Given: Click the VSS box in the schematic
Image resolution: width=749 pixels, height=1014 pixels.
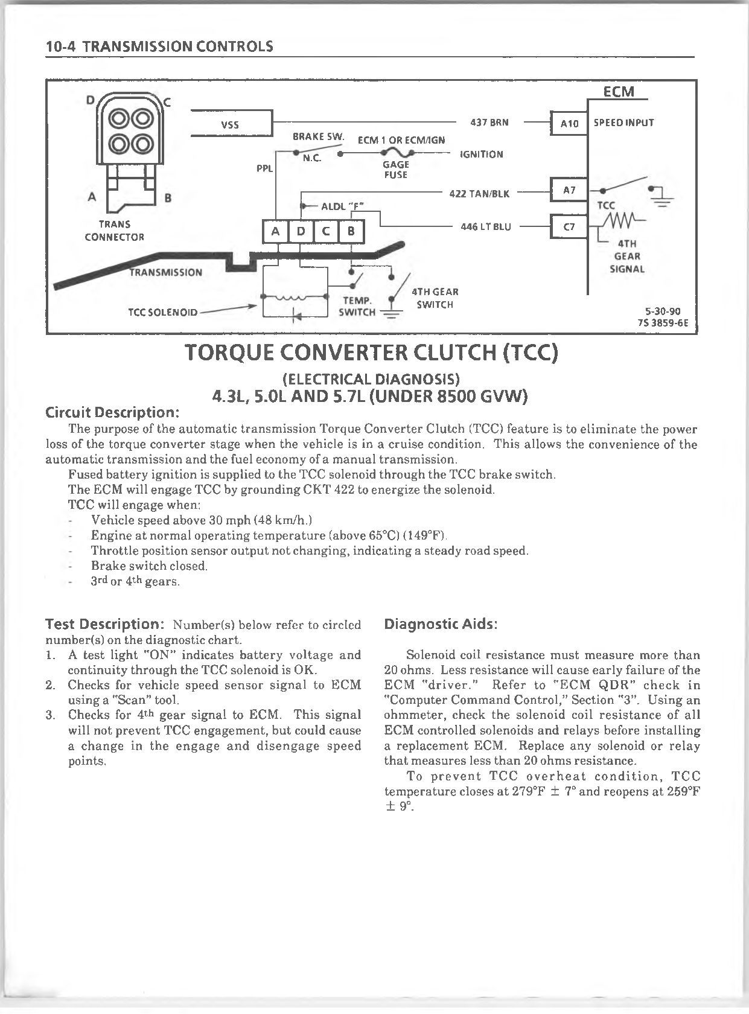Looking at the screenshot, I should pyautogui.click(x=231, y=124).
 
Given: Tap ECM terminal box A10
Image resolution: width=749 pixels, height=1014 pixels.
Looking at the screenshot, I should pyautogui.click(x=569, y=123).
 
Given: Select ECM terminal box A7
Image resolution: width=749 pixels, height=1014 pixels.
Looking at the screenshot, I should pyautogui.click(x=569, y=190).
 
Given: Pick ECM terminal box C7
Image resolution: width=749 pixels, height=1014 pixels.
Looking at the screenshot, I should pyautogui.click(x=569, y=227).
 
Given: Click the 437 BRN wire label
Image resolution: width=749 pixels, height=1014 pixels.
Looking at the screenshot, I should pyautogui.click(x=489, y=123).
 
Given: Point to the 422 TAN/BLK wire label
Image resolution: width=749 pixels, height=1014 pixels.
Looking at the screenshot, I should pyautogui.click(x=479, y=194).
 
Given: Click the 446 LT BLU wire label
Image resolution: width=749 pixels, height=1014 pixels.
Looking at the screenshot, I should pyautogui.click(x=485, y=227).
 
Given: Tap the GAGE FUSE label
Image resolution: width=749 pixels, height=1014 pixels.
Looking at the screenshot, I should pyautogui.click(x=396, y=170).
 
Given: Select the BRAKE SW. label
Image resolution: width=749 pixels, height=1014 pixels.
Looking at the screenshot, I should pyautogui.click(x=318, y=137).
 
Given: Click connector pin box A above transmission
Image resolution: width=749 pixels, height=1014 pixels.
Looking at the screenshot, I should pyautogui.click(x=276, y=231).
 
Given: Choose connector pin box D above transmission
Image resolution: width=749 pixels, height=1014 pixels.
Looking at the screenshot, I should pyautogui.click(x=301, y=231).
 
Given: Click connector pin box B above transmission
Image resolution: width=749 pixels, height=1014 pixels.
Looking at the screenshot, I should pyautogui.click(x=352, y=231).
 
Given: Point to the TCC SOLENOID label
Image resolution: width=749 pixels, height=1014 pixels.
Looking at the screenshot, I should pyautogui.click(x=162, y=312).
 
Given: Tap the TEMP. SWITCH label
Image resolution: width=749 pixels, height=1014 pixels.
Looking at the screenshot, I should pyautogui.click(x=357, y=306).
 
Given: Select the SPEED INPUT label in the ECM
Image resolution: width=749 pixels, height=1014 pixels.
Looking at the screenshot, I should pyautogui.click(x=623, y=123).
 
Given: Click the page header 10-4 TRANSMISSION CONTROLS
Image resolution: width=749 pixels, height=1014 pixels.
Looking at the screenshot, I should pyautogui.click(x=159, y=46).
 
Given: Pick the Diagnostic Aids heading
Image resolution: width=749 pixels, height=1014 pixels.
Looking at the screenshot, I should pyautogui.click(x=441, y=624).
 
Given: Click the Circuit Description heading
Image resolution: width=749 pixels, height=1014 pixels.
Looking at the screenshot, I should pyautogui.click(x=113, y=413).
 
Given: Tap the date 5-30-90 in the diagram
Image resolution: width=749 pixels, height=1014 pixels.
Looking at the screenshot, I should pyautogui.click(x=663, y=311).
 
